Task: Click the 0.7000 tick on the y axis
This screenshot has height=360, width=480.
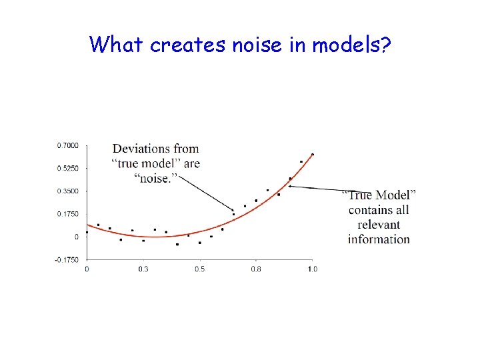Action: tap(68, 145)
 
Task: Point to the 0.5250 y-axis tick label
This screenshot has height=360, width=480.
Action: tap(68, 168)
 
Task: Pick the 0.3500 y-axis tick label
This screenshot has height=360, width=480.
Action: tap(68, 191)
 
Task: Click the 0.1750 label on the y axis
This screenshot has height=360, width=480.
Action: tap(68, 214)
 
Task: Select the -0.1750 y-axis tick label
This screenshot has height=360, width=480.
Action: tap(67, 259)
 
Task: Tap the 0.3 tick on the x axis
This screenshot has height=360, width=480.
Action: tap(143, 269)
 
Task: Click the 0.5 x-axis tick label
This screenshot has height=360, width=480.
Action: tap(200, 269)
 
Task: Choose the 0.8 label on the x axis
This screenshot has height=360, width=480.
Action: tap(256, 269)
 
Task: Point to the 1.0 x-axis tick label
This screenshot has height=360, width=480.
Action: tap(312, 269)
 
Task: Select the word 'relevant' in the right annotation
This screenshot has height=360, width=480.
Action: tap(379, 225)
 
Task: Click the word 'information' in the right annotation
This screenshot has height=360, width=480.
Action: tap(379, 239)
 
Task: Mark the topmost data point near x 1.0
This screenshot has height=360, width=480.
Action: tap(313, 155)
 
